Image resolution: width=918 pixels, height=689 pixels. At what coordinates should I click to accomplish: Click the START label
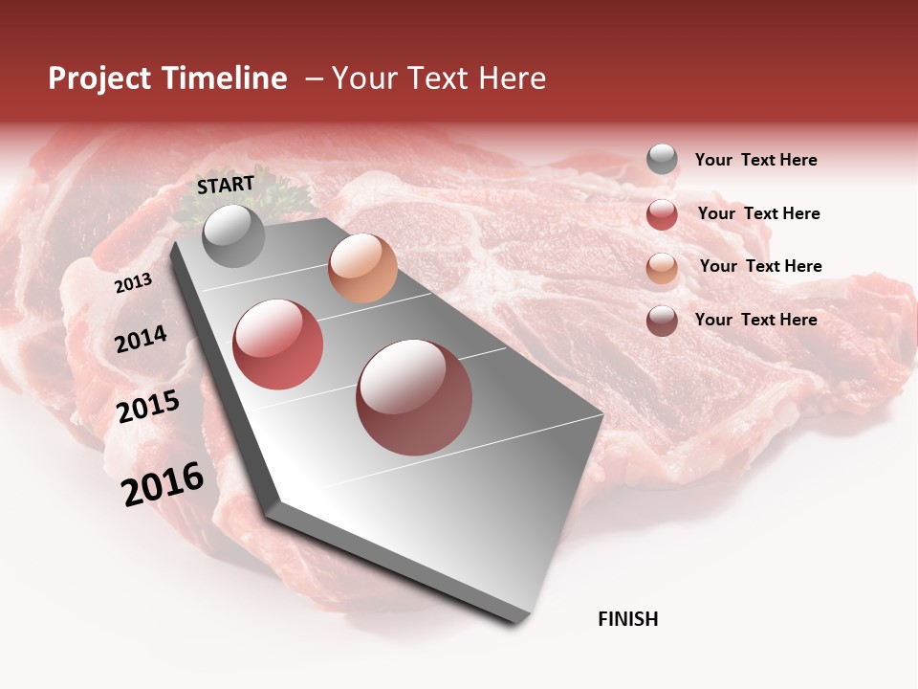[226, 184]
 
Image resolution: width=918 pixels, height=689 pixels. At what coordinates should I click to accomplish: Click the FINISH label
[628, 619]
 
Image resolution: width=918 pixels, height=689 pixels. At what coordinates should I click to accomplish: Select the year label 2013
[134, 282]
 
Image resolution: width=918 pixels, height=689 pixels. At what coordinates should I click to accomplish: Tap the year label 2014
[141, 339]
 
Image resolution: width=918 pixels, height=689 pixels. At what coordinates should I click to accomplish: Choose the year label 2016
[163, 484]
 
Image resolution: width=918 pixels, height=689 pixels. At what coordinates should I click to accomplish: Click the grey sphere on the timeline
[233, 235]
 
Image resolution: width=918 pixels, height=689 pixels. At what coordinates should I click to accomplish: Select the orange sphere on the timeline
[362, 268]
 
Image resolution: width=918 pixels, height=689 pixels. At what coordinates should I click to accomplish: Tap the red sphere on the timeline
[278, 344]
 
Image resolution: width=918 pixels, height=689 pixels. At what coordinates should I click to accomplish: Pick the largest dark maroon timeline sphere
[414, 397]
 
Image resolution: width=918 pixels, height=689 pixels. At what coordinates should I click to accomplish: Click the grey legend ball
[662, 160]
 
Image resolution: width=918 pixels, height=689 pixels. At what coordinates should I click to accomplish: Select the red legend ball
[662, 214]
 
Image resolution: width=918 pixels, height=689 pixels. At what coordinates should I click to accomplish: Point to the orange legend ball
[662, 268]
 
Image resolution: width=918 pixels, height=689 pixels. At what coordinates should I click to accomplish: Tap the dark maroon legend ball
[662, 321]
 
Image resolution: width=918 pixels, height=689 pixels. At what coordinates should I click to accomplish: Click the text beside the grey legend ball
[755, 160]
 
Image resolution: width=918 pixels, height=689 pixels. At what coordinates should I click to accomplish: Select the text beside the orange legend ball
[760, 266]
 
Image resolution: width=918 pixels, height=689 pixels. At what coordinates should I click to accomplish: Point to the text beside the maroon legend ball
[755, 320]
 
